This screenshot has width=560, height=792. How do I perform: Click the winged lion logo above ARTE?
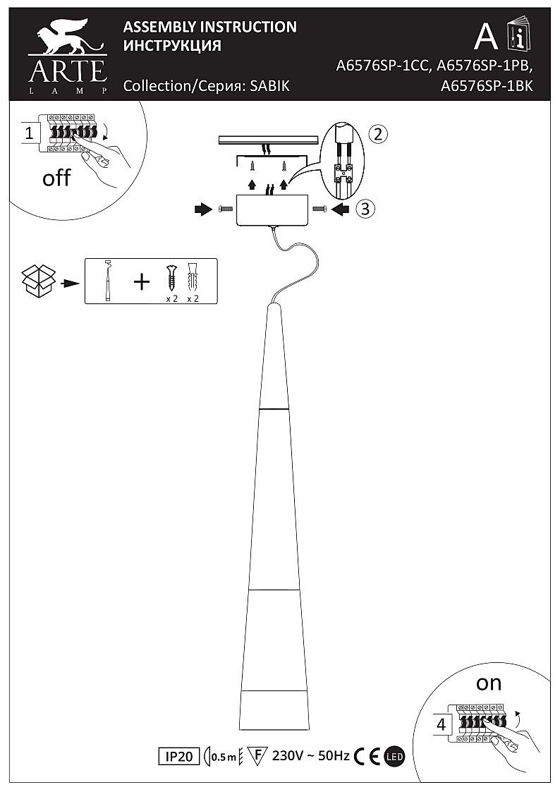67,39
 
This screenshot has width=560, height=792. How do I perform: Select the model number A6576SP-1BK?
486,86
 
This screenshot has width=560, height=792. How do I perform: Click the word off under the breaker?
56,178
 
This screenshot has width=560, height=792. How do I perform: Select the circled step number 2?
379,134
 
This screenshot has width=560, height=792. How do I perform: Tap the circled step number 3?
363,208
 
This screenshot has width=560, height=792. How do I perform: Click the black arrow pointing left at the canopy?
341,209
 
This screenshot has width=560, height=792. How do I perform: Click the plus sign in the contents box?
142,282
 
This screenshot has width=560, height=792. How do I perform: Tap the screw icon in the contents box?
170,278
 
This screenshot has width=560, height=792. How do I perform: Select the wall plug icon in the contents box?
193,278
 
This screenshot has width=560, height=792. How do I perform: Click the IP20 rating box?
178,757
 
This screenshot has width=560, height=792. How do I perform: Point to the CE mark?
368,757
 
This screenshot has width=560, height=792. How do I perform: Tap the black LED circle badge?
394,757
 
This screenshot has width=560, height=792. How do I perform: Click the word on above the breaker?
488,683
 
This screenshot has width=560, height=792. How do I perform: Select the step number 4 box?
442,724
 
